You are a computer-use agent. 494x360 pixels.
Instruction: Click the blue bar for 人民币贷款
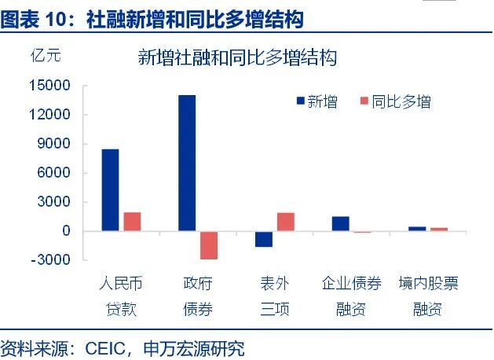click(110, 189)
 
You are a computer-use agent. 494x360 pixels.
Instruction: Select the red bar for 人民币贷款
click(132, 222)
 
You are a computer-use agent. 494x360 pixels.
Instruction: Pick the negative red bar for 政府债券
click(208, 244)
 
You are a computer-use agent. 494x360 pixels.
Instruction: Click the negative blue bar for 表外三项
click(264, 239)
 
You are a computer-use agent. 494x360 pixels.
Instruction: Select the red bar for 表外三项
click(285, 222)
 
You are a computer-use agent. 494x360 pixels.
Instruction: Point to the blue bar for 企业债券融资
click(340, 224)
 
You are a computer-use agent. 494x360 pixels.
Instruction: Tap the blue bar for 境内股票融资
click(417, 229)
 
